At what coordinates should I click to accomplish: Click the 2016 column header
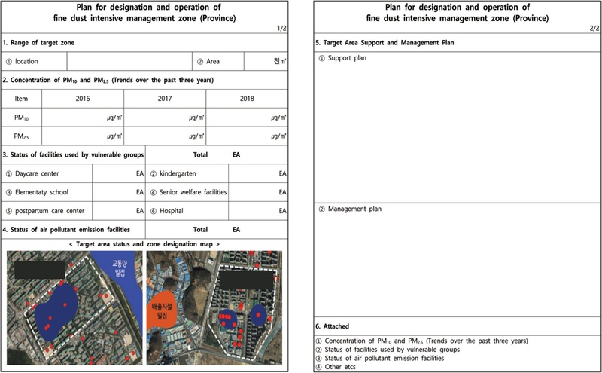click(83, 98)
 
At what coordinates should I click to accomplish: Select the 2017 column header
click(165, 98)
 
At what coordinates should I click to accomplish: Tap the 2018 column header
click(247, 98)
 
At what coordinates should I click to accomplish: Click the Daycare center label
click(37, 173)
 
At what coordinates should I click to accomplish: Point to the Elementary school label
click(41, 192)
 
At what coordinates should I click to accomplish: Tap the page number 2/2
click(594, 28)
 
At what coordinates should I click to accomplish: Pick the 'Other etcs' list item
click(342, 366)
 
